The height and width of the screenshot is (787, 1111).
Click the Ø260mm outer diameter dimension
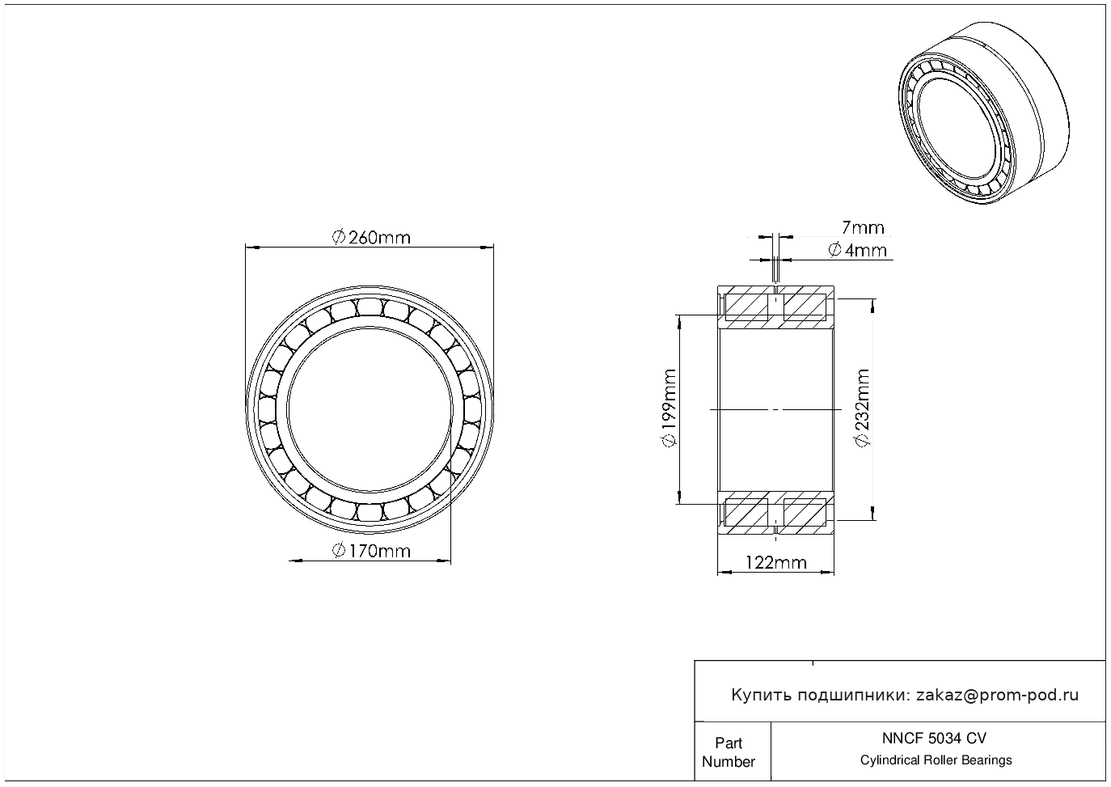(371, 237)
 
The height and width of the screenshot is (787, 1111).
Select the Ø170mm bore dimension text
(371, 552)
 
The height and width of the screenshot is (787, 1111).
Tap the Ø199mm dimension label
(669, 408)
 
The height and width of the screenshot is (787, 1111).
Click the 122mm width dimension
(775, 562)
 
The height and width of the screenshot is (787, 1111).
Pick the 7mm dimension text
(863, 228)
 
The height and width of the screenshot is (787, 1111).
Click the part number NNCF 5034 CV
(934, 738)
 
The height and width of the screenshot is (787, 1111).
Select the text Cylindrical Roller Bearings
(936, 760)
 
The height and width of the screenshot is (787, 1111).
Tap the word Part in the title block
(729, 743)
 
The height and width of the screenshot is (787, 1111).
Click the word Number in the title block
(729, 762)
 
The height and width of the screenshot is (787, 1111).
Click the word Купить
(761, 695)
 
